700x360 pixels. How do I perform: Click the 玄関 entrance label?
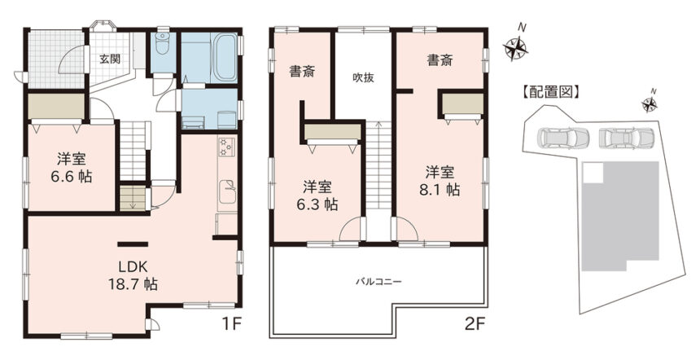109,59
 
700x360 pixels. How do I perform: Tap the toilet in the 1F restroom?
163,43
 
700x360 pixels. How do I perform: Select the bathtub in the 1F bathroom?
225,57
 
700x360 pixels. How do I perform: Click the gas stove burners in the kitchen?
226,147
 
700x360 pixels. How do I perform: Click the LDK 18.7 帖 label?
133,275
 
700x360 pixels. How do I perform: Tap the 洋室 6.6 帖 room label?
72,168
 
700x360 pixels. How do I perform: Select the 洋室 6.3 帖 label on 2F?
317,195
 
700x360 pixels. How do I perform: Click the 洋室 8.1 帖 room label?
440,181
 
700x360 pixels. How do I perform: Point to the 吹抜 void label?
363,77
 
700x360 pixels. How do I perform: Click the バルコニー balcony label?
378,282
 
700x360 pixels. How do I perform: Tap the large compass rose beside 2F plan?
515,46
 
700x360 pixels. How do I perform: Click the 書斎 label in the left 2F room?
302,72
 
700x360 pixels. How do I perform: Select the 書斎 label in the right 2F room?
440,59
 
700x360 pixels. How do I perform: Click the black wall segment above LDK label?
133,244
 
